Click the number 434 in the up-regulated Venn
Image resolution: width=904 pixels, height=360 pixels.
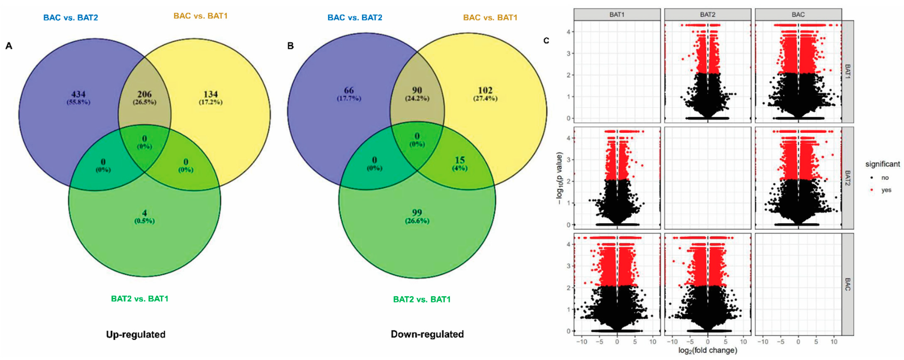coord(78,94)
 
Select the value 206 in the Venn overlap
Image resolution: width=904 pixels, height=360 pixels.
coord(144,94)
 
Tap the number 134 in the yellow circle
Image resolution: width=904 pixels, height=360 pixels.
coord(211,94)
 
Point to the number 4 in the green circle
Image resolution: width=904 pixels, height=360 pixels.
coord(144,213)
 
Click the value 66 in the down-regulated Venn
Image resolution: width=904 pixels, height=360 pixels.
coord(349,90)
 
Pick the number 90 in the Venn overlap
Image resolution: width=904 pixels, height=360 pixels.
coord(417,90)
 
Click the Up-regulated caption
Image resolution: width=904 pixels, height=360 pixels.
coord(136,334)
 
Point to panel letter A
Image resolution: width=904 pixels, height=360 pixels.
coord(9,46)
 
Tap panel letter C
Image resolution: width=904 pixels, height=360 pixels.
coord(546,41)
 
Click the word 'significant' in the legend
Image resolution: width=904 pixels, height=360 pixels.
coord(882,164)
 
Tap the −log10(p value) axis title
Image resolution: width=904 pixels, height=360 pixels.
coord(559,178)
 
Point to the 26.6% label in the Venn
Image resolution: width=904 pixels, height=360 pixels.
coord(417,221)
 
